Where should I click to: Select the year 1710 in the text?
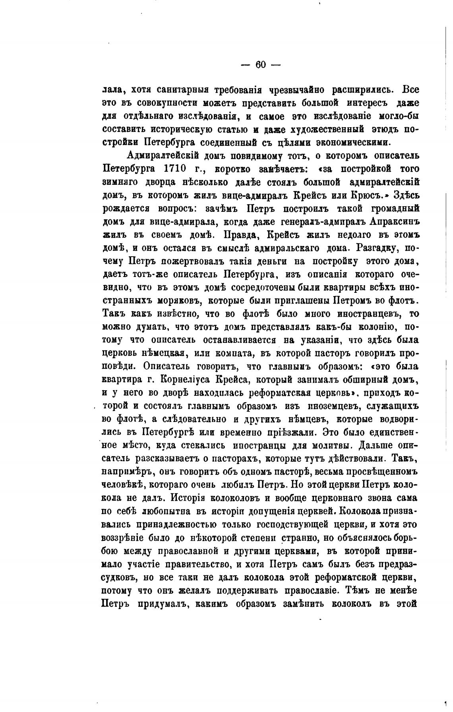[175, 168]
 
